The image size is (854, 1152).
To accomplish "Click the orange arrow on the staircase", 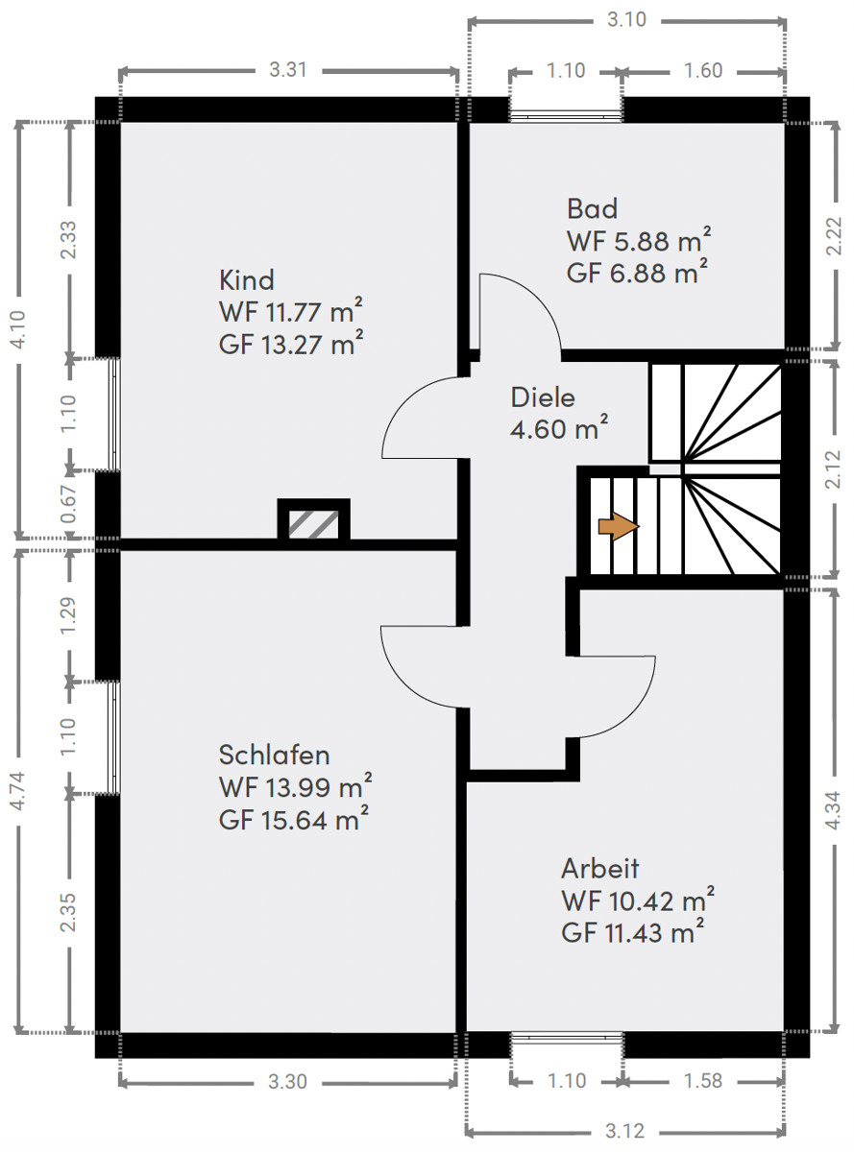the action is (619, 527).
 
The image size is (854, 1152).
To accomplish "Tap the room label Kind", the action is (246, 280).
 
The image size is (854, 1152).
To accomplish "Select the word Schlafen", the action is (275, 755).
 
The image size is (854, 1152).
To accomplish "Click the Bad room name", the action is (592, 208).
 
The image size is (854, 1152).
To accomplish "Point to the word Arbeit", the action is (599, 869).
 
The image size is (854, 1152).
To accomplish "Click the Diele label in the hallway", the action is (543, 397).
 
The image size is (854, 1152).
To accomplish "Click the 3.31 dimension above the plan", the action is (288, 70).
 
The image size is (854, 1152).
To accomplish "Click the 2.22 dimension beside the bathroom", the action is (834, 236).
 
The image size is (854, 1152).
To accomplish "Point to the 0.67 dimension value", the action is (68, 504).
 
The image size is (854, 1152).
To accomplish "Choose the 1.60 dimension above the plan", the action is (703, 71).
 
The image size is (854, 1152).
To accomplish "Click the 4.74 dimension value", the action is (17, 791).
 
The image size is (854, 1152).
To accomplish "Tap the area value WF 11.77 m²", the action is (291, 312).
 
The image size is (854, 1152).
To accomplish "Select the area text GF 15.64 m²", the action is (294, 819).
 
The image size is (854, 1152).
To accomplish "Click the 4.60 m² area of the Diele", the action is (559, 429).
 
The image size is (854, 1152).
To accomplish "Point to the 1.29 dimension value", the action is (68, 615).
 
